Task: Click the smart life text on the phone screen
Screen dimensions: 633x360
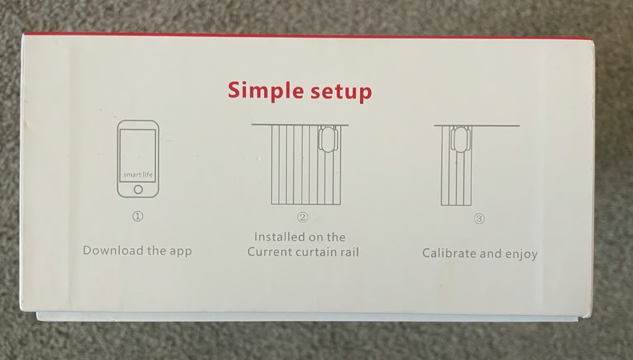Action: [x=138, y=174]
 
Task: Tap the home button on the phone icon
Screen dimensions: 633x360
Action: [x=138, y=189]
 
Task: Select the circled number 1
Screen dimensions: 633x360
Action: [x=138, y=216]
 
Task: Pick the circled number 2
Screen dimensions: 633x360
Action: [x=303, y=217]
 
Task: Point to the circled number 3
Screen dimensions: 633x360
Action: [x=479, y=219]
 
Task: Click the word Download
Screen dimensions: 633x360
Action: [x=113, y=250]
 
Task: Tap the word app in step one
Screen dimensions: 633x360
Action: [x=181, y=252]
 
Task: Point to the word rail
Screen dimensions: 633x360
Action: [x=349, y=252]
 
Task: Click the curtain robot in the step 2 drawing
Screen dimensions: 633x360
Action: [x=328, y=139]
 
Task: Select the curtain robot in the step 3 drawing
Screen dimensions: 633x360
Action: [x=460, y=139]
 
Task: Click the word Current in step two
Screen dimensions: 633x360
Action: [x=269, y=252]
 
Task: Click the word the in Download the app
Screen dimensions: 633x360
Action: [x=156, y=250]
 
